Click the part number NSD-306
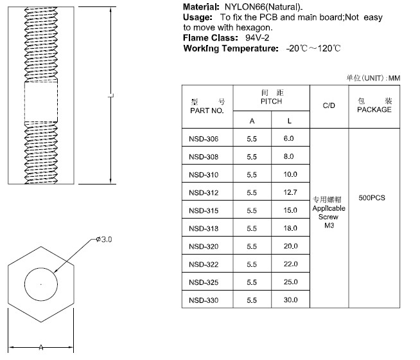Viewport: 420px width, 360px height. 204,139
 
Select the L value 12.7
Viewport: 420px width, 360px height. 290,192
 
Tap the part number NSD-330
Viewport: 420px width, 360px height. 204,300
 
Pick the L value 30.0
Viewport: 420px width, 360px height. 291,300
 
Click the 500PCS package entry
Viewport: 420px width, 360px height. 372,198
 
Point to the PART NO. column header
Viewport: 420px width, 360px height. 207,111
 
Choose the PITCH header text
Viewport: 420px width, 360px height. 272,102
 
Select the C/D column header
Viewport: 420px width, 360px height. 329,105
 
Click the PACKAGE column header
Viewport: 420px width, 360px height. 374,109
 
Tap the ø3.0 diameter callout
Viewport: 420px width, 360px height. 104,239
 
